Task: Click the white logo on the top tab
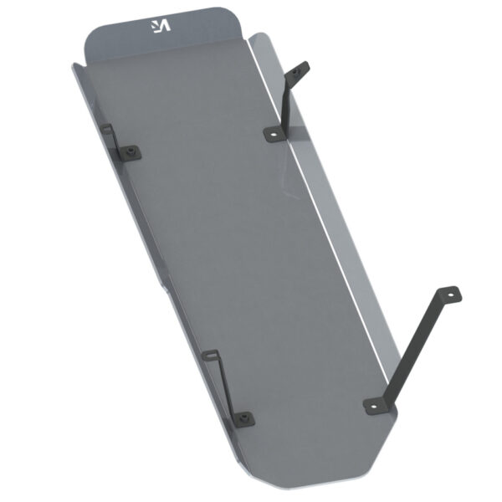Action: tap(159, 25)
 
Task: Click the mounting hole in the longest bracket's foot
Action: tap(373, 406)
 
